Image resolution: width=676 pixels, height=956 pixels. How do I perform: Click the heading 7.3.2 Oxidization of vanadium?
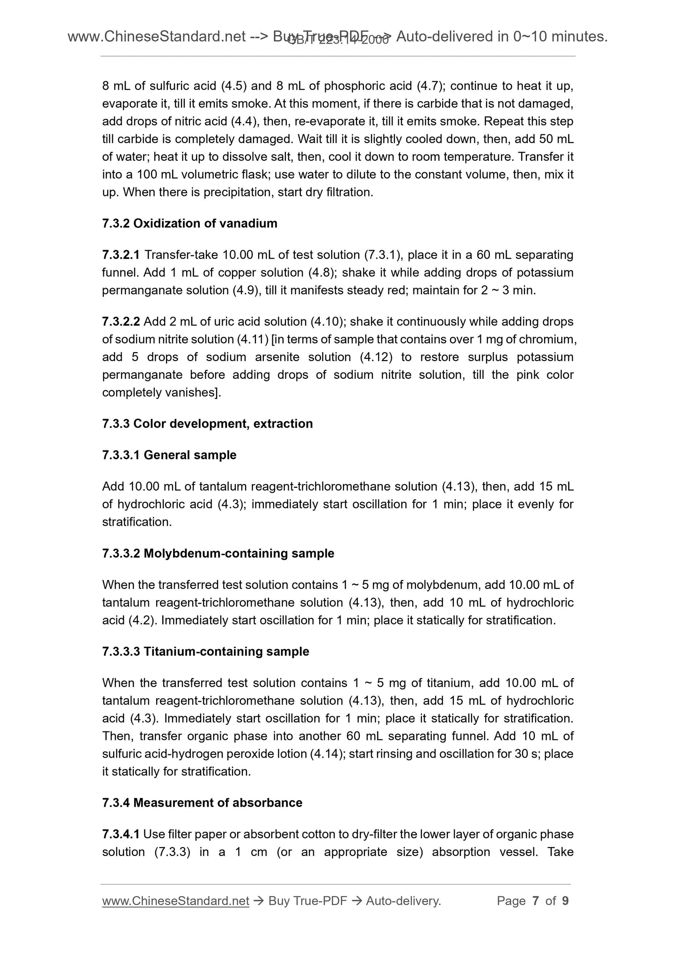pos(189,224)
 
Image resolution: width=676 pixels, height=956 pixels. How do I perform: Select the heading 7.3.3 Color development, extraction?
pos(207,424)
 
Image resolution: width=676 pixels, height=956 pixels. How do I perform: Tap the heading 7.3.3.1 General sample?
pos(169,455)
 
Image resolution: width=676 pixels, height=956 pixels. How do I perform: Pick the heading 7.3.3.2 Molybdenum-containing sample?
pos(218,553)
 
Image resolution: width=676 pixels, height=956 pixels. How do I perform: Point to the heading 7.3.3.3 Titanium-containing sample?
pos(205,652)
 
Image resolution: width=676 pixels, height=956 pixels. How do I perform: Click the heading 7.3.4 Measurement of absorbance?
pos(202,803)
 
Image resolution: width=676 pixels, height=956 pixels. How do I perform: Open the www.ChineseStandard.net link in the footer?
pos(175,901)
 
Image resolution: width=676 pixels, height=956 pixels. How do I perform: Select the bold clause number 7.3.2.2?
pos(121,322)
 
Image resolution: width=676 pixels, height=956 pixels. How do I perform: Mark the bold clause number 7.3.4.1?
pos(121,834)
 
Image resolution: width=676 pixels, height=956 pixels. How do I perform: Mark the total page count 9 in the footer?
pos(565,901)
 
